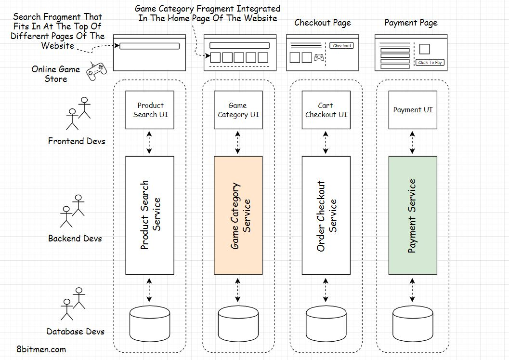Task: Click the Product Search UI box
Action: coord(150,110)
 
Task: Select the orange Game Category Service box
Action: coord(238,215)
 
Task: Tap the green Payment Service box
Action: coord(413,215)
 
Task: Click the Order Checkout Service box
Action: coord(326,215)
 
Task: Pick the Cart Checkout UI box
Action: coord(326,110)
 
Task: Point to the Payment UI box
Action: coord(413,110)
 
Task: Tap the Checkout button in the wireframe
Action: coord(342,46)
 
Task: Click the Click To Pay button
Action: coord(430,63)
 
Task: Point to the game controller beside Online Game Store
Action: coord(96,71)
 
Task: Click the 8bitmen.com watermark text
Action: coord(41,349)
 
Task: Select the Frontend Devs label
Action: coord(77,141)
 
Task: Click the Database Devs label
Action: coord(76,331)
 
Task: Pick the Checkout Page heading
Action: coord(323,23)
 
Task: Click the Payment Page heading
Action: coord(411,23)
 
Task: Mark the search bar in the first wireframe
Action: coord(149,46)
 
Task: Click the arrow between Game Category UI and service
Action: coord(238,143)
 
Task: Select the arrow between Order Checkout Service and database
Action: coord(326,289)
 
